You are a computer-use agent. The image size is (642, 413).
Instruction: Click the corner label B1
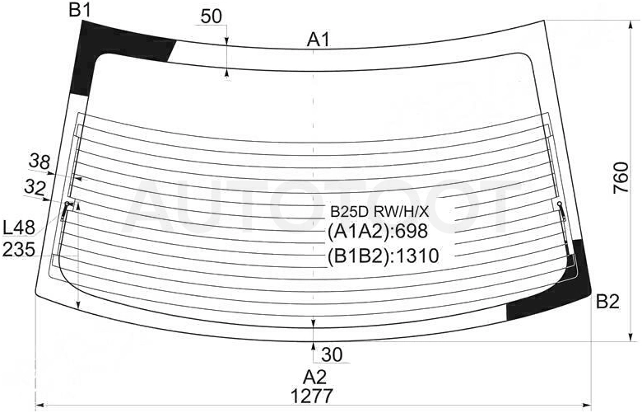pos(80,9)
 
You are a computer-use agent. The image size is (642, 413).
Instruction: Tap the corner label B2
pos(607,303)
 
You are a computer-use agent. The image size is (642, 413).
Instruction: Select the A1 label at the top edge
pos(319,40)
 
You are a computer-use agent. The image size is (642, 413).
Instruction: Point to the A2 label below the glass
pos(314,377)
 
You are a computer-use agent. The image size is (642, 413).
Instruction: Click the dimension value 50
pos(212,16)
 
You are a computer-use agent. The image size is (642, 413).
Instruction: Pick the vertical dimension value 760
pos(621,177)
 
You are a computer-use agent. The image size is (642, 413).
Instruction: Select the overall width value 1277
pos(312,397)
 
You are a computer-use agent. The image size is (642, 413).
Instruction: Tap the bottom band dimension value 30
pos(332,354)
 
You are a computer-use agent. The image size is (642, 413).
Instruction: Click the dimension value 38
pos(40,162)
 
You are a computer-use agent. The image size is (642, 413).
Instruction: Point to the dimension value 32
pos(35,188)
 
